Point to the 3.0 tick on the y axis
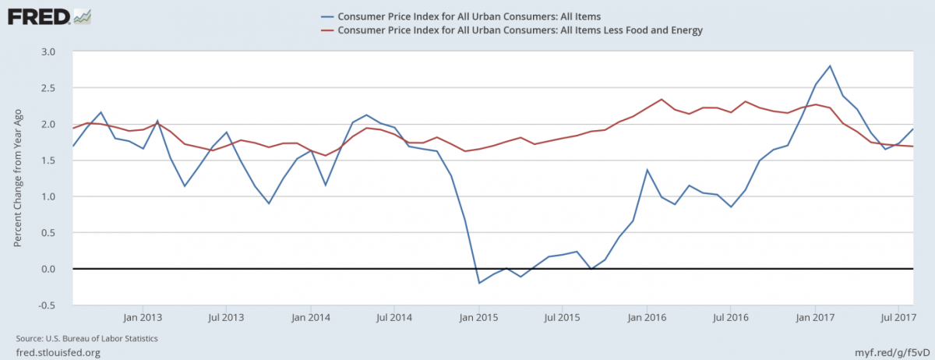(48, 51)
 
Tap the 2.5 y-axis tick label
(48, 88)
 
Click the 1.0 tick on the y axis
(48, 196)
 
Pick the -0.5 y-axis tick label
(47, 305)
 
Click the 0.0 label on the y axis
(48, 269)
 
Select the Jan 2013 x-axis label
(143, 318)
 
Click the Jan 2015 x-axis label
(478, 318)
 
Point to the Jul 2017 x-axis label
(898, 318)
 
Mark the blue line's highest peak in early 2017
(831, 66)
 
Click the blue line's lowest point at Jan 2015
(479, 283)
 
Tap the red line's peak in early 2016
(662, 100)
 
